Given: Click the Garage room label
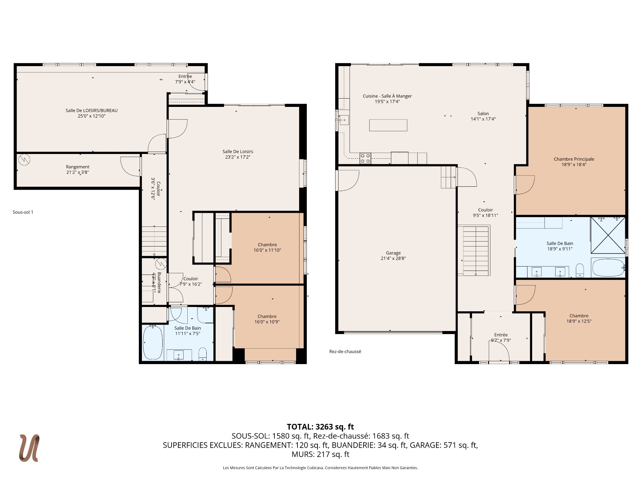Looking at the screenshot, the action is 393,253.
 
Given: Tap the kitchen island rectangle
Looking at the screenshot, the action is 388,125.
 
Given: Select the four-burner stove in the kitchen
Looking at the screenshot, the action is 365,158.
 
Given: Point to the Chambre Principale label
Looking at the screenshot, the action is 574,159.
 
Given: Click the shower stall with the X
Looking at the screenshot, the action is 608,235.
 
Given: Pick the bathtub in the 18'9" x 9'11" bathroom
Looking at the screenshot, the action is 608,268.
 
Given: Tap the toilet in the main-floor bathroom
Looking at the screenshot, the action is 580,270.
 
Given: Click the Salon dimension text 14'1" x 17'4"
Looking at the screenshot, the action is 483,119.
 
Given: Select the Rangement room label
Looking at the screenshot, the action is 78,167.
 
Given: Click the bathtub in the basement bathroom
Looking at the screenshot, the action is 153,342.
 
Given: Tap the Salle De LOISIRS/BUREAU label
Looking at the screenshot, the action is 91,111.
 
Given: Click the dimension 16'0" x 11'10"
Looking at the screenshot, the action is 267,250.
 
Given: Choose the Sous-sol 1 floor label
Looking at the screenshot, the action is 23,212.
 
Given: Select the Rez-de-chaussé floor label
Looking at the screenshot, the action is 345,351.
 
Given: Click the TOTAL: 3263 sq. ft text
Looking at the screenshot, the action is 320,427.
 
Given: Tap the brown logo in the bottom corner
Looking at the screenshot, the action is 29,448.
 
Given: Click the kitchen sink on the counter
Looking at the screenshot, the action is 344,120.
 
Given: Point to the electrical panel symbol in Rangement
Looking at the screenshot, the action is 24,160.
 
